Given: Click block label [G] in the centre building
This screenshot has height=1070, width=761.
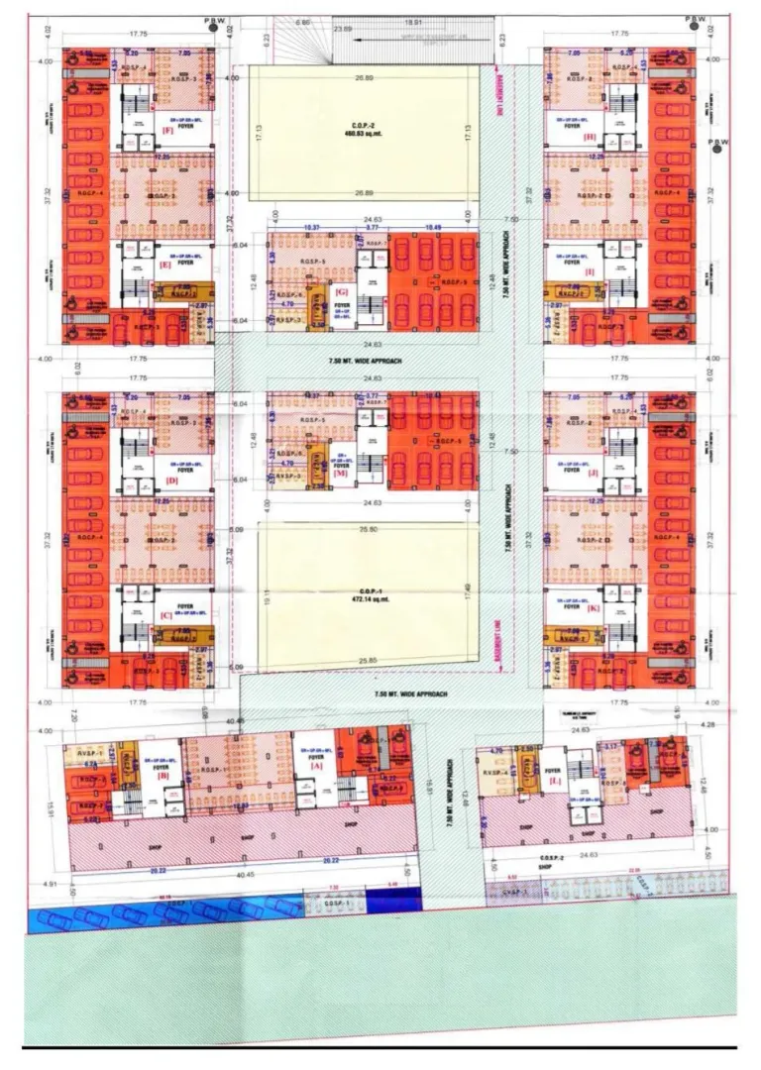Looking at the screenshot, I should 343,291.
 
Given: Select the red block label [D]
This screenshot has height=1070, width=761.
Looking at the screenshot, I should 172,481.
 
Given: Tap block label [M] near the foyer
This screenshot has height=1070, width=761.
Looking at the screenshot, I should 342,474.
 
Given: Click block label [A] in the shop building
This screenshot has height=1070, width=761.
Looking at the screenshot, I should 316,766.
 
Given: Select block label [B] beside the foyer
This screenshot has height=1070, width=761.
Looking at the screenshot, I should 162,777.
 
